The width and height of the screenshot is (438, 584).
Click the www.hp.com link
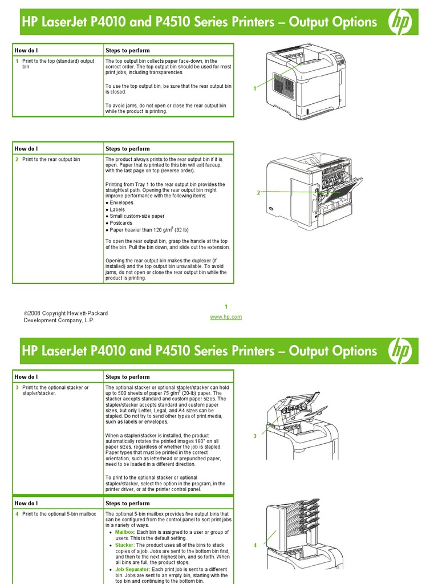[x=226, y=317]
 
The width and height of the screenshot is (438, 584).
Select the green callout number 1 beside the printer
[x=255, y=88]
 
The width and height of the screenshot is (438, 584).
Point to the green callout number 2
[x=258, y=193]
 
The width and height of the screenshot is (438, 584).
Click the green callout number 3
[x=255, y=436]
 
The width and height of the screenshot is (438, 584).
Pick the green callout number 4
[x=255, y=546]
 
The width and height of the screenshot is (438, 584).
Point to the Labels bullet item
[x=117, y=210]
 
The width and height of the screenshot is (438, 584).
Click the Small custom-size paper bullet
[x=137, y=216]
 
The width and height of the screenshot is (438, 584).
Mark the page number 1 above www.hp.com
[x=226, y=307]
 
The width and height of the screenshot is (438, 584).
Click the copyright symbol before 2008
[x=26, y=314]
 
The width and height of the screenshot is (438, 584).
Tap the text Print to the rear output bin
[x=51, y=160]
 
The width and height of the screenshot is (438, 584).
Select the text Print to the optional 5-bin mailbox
[x=59, y=514]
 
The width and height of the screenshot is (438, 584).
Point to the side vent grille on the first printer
[x=284, y=83]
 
